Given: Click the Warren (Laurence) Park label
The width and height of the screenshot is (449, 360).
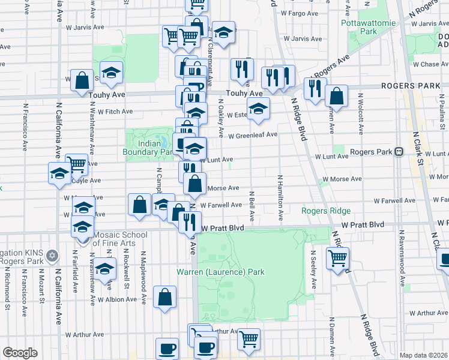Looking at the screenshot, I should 220,272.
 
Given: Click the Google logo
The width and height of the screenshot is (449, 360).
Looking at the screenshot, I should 20,353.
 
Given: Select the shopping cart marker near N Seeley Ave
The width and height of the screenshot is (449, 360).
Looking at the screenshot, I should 338,258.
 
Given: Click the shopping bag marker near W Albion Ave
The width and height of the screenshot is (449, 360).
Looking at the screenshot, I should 165,296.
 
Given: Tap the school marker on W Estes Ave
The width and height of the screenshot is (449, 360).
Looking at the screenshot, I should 258,109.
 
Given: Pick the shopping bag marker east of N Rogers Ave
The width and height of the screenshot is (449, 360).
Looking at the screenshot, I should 337,95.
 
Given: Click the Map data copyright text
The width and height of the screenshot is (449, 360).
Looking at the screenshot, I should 423,355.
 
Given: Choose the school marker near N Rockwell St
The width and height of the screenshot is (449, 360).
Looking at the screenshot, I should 105,268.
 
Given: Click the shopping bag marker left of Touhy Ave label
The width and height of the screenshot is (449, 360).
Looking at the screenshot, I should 81,80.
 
